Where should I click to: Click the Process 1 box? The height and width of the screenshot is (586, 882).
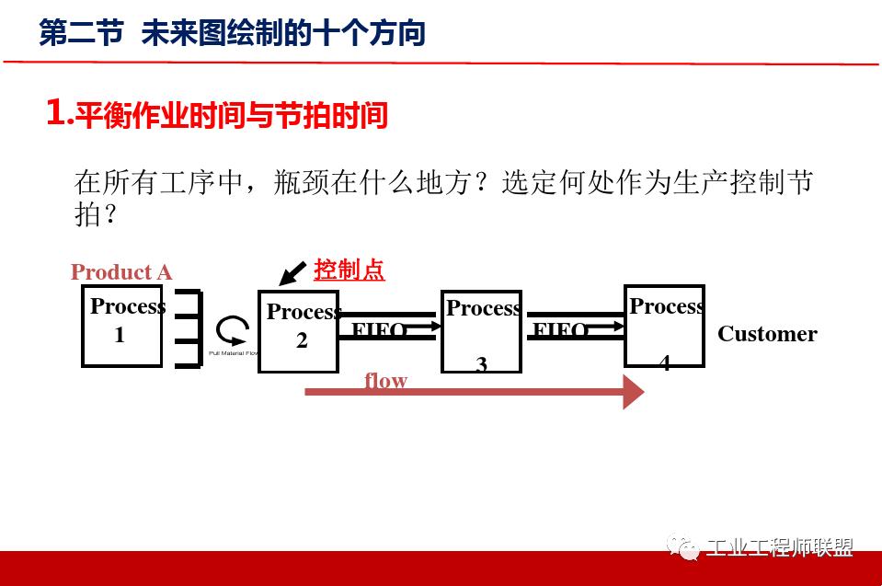pos(122,327)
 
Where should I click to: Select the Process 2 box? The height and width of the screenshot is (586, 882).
pos(298,332)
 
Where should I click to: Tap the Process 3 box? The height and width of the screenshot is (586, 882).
pos(481,332)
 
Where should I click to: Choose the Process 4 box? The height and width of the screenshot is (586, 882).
pos(664,327)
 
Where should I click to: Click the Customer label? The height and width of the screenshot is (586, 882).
pos(767,334)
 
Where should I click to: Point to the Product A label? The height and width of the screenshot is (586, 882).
pos(121,272)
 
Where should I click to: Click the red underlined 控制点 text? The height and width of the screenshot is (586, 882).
pos(349,270)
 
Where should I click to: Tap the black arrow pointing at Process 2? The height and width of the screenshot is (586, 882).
pos(292,272)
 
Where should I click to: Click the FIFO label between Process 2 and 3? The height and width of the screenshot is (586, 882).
pos(379,330)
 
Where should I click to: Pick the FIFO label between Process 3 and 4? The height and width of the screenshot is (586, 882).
pos(560,330)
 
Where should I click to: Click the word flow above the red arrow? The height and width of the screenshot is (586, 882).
pos(385,380)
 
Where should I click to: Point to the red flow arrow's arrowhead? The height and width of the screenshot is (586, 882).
pos(633,392)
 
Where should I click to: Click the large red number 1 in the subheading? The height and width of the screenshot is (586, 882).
pos(57,113)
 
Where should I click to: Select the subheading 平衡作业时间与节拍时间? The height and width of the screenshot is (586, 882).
pos(231,116)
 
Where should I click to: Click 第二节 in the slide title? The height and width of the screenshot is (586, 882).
pos(81,34)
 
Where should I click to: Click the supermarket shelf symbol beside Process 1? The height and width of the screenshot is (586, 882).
pos(189,328)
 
